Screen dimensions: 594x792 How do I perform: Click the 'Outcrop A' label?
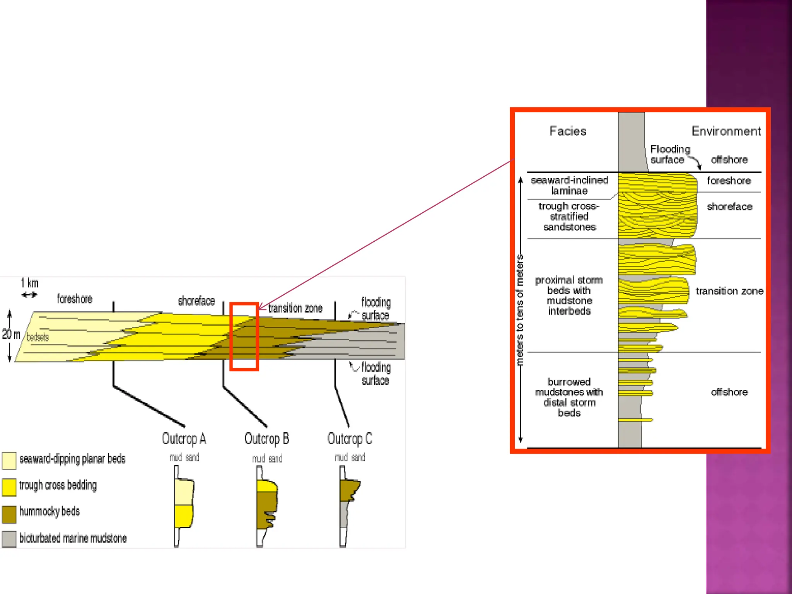pyautogui.click(x=184, y=439)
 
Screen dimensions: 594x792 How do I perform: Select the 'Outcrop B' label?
pyautogui.click(x=267, y=439)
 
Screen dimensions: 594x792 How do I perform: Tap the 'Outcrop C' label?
pyautogui.click(x=350, y=439)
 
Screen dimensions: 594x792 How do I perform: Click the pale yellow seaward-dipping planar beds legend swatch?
pyautogui.click(x=9, y=460)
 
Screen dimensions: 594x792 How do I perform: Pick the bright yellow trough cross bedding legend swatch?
pyautogui.click(x=9, y=487)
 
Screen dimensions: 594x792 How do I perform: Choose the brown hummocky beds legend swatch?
pyautogui.click(x=9, y=514)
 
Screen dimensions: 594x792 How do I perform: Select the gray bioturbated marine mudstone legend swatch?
pyautogui.click(x=9, y=539)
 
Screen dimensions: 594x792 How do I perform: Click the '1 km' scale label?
pyautogui.click(x=30, y=283)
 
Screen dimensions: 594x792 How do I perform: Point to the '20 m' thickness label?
pyautogui.click(x=11, y=334)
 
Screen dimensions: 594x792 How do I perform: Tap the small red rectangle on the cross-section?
pyautogui.click(x=244, y=306)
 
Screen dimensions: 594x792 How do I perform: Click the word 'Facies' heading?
pyautogui.click(x=568, y=131)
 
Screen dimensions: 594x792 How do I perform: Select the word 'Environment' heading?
pyautogui.click(x=726, y=131)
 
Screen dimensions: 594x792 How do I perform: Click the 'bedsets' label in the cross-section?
pyautogui.click(x=38, y=337)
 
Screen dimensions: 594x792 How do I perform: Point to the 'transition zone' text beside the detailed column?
pyautogui.click(x=729, y=291)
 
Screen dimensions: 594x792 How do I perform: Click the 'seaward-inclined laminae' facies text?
pyautogui.click(x=569, y=186)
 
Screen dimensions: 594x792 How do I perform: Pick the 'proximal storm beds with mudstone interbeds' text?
pyautogui.click(x=569, y=295)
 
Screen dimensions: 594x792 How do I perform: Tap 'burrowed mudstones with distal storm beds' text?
pyautogui.click(x=569, y=397)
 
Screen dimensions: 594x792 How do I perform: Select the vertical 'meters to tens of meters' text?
pyautogui.click(x=519, y=310)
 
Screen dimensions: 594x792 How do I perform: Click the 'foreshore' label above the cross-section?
pyautogui.click(x=75, y=299)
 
